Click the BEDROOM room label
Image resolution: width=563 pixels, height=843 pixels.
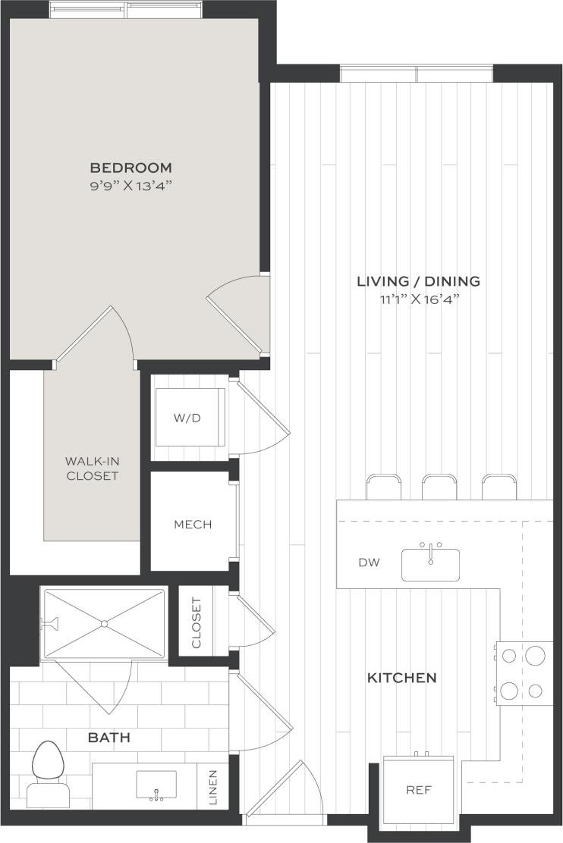pos(131,168)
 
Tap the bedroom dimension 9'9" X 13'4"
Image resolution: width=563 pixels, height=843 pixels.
pos(131,186)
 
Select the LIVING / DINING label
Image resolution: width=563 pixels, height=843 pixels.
pos(418,281)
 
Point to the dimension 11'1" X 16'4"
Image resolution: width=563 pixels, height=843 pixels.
pos(418,299)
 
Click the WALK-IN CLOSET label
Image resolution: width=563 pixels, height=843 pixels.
pos(91,468)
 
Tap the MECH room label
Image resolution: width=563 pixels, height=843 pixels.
pos(193,525)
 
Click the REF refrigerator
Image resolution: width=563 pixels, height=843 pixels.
pos(418,790)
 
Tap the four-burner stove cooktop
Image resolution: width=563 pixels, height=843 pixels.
pos(524,672)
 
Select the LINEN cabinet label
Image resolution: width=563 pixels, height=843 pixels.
pos(214,786)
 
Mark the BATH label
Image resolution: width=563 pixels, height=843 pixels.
pos(109,737)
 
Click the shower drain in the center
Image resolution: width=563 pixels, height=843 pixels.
pos(105,623)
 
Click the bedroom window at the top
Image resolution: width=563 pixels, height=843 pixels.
pos(126,10)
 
